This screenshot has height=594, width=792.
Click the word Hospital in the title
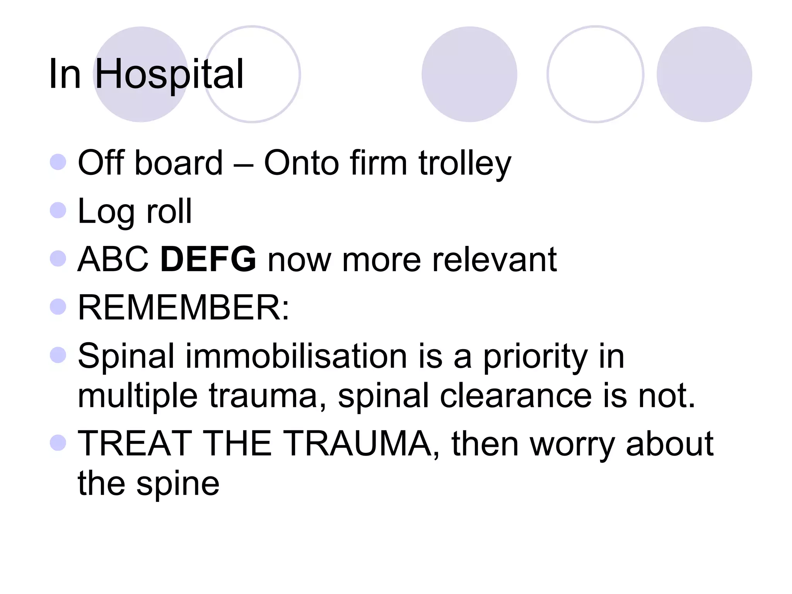click(x=169, y=74)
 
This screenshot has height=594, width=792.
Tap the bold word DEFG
click(x=208, y=259)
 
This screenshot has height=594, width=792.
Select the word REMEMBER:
click(x=183, y=308)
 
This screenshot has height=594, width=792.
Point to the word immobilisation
click(x=297, y=356)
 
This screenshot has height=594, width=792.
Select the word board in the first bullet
click(x=179, y=163)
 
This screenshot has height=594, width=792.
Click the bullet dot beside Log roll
click(x=58, y=210)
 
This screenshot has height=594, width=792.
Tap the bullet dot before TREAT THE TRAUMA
click(x=58, y=442)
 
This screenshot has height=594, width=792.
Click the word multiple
click(x=138, y=396)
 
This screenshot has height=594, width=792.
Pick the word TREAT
click(x=135, y=444)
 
